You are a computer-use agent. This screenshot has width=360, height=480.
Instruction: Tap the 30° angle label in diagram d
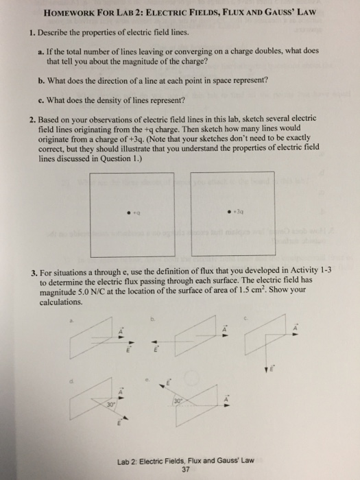[88, 403]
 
